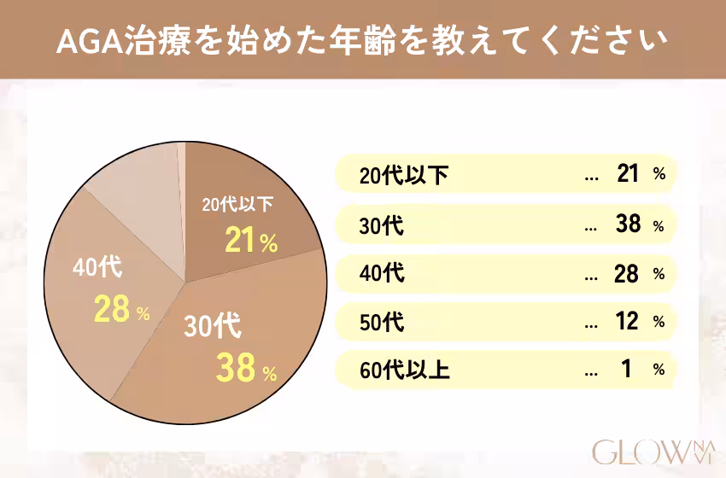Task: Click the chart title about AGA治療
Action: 363,41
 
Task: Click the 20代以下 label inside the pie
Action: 237,205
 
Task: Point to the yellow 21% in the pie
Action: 251,242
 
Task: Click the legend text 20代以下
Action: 403,177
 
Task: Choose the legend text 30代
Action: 382,226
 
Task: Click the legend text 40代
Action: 382,275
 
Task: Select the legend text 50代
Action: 382,324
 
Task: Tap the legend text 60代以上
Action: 403,371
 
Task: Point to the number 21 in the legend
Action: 628,175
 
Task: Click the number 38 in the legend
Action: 628,224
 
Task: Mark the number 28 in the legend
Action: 628,273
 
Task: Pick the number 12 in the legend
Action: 628,322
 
